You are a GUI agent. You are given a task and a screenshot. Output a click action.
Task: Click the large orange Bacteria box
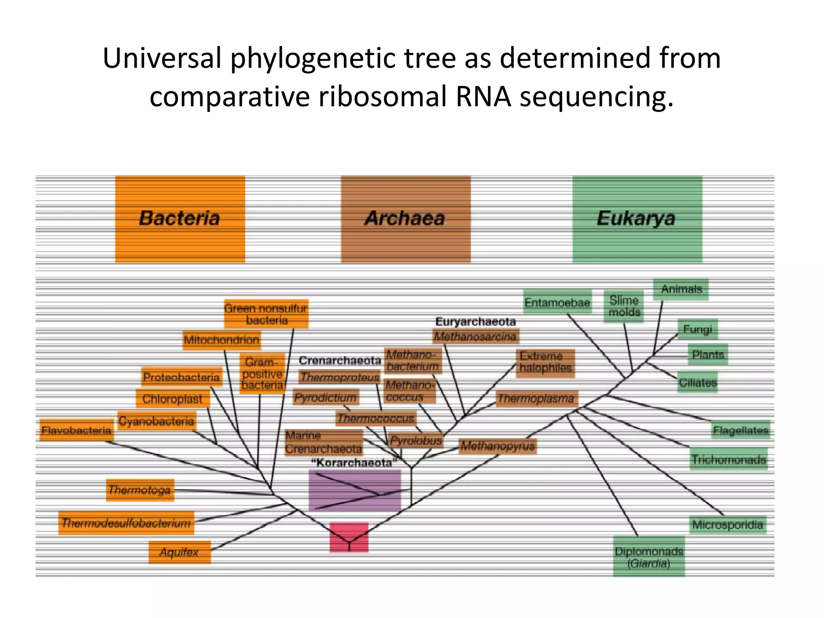(x=180, y=219)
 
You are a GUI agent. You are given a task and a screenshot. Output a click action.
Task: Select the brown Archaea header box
(x=406, y=219)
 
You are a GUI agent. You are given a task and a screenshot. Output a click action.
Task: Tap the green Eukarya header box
(x=637, y=219)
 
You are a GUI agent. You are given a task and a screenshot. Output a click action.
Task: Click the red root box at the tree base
(x=349, y=537)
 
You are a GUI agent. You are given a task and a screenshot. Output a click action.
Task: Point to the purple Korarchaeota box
(x=354, y=490)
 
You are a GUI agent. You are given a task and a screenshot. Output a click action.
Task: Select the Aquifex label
(x=179, y=552)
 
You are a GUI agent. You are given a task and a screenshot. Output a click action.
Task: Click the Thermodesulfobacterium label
(x=126, y=523)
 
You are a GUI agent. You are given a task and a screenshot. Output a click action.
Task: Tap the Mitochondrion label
(x=221, y=340)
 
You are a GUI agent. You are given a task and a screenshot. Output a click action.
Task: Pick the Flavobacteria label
(x=76, y=430)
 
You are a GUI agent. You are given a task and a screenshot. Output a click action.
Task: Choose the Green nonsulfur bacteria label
(x=266, y=314)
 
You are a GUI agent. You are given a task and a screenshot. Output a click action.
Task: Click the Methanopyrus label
(x=497, y=445)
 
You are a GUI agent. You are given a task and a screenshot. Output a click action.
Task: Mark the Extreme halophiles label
(x=545, y=362)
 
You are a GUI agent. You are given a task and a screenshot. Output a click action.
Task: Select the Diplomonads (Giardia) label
(x=649, y=557)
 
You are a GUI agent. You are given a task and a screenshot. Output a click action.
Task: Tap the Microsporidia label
(x=727, y=525)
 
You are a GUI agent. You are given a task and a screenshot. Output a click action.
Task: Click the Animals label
(x=681, y=289)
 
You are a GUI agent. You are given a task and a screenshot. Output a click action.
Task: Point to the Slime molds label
(x=624, y=306)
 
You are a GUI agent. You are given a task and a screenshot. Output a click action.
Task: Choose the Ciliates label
(x=698, y=382)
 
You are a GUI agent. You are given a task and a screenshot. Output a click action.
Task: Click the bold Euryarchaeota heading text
(x=475, y=321)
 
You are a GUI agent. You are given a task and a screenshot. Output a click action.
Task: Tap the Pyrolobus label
(x=416, y=441)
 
